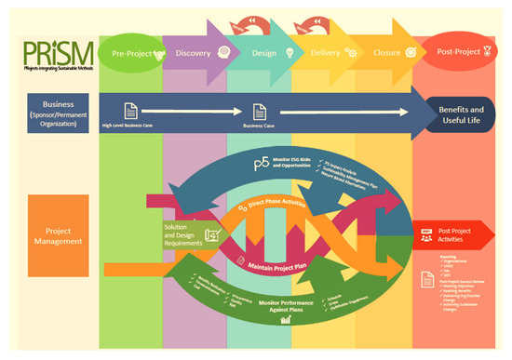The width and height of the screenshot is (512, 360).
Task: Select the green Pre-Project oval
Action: [131, 53]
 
